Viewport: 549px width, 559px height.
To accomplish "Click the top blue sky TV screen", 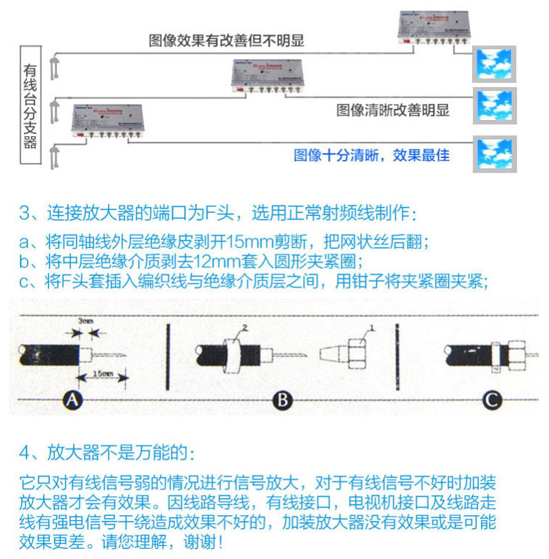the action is [x=495, y=64].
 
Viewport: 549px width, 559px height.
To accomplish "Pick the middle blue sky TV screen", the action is [x=495, y=107].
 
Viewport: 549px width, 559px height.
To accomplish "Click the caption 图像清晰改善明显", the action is [x=393, y=110].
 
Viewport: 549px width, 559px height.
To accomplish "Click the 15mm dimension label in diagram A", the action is [x=102, y=375].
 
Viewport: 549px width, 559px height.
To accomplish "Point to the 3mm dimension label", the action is [x=86, y=320].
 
